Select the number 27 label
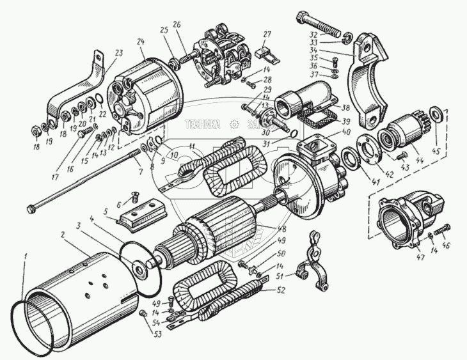[x=267, y=34]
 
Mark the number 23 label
[x=118, y=54]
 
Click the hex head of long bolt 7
[x=32, y=208]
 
